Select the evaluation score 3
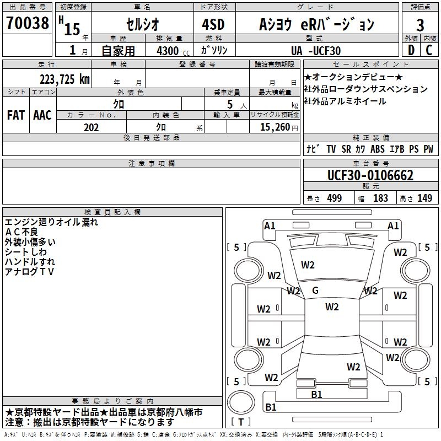coord(420,25)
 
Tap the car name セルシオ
coord(142,24)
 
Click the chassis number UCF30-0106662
coord(370,176)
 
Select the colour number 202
coord(91,127)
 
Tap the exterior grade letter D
coord(411,51)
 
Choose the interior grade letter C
coord(429,51)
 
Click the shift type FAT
coord(15,115)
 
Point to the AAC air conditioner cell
coord(42,115)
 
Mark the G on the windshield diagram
coord(315,291)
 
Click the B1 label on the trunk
coord(316,395)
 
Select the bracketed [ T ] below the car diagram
coord(241,422)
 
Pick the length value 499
coord(334,198)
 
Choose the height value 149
coord(424,198)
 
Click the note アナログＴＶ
coord(29,272)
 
